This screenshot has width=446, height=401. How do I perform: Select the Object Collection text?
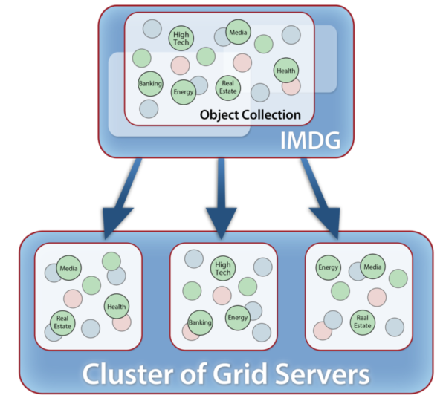(250, 115)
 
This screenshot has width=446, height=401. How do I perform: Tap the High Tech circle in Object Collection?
(181, 38)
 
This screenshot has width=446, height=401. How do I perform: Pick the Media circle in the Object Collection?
(238, 32)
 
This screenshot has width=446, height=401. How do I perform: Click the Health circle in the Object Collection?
(285, 71)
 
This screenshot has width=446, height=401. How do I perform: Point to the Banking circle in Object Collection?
(150, 84)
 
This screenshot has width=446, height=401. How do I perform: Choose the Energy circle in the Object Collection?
(183, 92)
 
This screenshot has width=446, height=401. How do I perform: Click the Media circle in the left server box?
(68, 268)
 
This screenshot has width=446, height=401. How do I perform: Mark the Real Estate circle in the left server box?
(62, 322)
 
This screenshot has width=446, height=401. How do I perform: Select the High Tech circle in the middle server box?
(222, 269)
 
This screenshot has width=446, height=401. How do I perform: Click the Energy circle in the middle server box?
(238, 317)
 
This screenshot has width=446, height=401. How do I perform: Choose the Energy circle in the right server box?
(328, 267)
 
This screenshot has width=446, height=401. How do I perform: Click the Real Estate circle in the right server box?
(362, 321)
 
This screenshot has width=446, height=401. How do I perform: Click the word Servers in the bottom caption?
(312, 373)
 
